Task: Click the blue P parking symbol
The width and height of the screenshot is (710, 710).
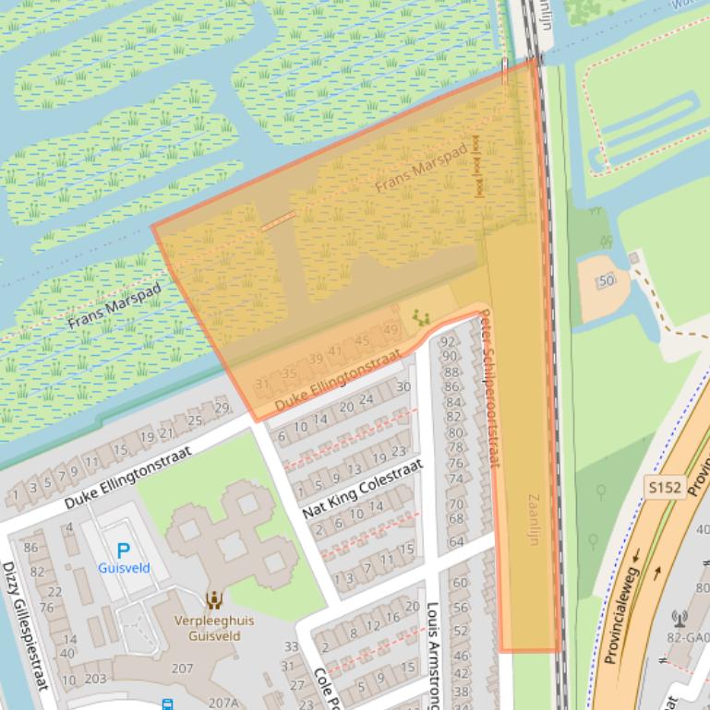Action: point(123,551)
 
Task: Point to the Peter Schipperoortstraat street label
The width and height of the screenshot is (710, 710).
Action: point(490,387)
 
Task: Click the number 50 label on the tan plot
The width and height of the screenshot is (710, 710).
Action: point(606,281)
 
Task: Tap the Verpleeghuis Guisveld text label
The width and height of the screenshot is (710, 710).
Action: point(214,628)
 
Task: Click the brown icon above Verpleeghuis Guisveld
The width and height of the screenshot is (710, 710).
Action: point(214,600)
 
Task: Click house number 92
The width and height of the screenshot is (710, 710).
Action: point(450,342)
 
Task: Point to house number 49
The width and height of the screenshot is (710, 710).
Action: point(391,331)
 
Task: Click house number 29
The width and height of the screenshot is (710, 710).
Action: point(221,408)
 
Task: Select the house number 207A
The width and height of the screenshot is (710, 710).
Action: point(222,703)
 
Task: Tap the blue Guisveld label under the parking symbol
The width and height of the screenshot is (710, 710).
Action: point(124,568)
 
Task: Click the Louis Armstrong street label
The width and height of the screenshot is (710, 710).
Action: point(431,656)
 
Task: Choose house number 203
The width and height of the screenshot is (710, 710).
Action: point(96,680)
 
